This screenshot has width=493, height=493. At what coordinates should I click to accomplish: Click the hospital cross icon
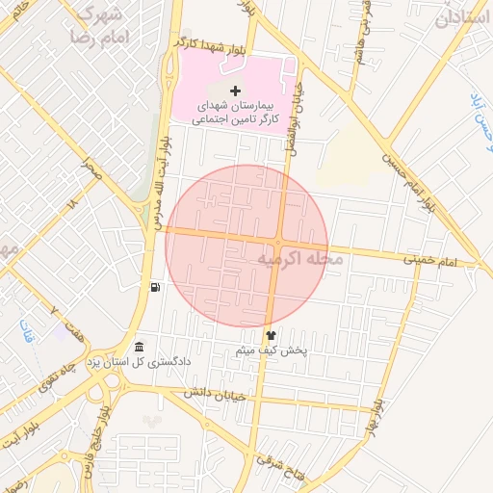[x=236, y=90]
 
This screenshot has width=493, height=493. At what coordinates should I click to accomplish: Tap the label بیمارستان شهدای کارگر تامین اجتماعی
[x=236, y=112]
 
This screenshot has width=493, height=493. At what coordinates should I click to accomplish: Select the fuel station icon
[x=155, y=287]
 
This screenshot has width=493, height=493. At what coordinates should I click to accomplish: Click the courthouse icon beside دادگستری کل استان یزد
[x=140, y=347]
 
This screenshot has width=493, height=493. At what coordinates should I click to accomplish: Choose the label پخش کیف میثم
[x=272, y=350]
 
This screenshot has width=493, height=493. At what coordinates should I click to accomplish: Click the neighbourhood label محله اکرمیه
[x=301, y=260]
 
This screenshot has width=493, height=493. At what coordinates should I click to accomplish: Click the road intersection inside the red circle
[x=277, y=242]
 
